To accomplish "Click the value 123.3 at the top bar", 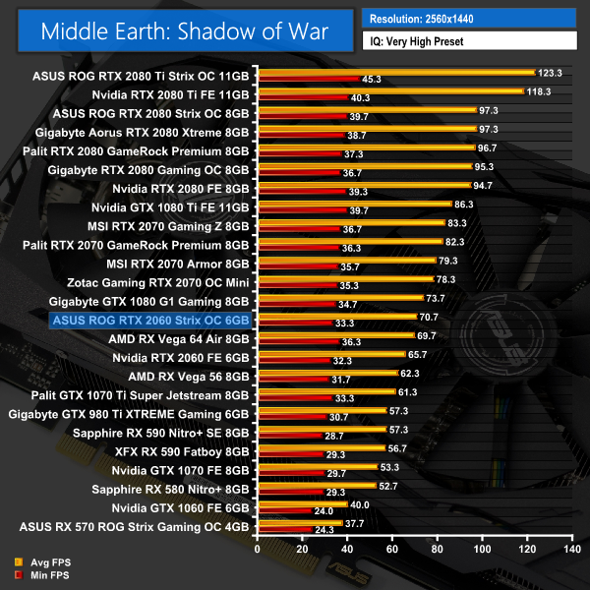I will click(551, 73).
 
